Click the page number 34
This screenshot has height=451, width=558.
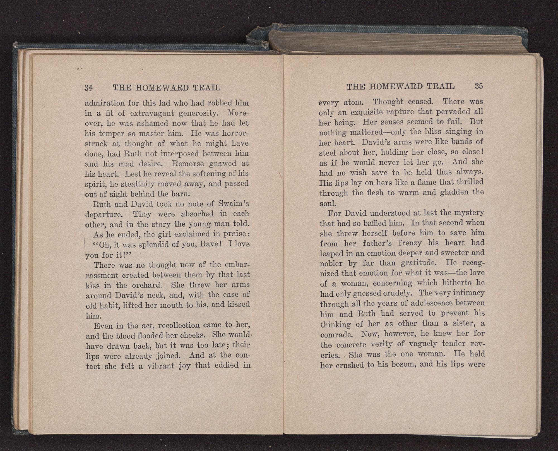pos(88,88)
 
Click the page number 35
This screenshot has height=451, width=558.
pos(478,86)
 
